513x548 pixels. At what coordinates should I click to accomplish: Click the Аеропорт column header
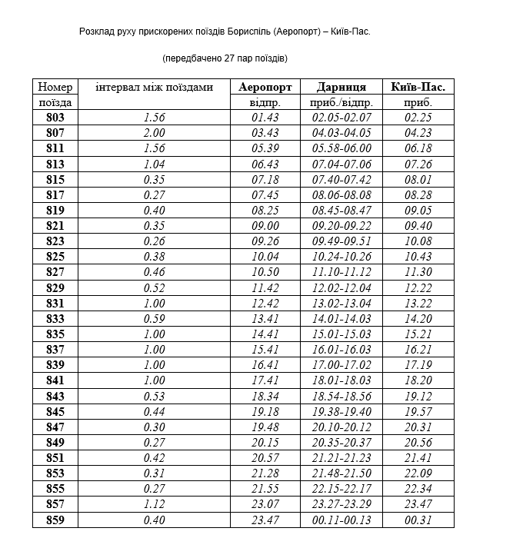(x=265, y=87)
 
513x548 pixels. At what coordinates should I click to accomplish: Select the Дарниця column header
(x=341, y=87)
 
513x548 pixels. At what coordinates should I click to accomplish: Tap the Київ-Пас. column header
(x=418, y=87)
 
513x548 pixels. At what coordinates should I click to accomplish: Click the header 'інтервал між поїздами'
(x=154, y=87)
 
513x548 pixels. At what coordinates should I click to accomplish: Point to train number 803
(x=55, y=118)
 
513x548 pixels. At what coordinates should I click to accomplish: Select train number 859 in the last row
(x=55, y=520)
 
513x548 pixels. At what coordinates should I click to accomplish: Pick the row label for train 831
(x=55, y=304)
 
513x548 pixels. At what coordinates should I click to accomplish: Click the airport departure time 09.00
(x=265, y=226)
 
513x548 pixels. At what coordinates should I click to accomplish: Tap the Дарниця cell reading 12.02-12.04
(x=341, y=288)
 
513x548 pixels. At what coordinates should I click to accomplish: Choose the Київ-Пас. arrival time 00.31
(x=418, y=520)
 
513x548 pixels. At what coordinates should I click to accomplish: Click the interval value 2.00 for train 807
(x=155, y=133)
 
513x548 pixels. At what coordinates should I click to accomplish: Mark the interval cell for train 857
(x=155, y=505)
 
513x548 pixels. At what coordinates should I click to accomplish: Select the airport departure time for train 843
(x=265, y=397)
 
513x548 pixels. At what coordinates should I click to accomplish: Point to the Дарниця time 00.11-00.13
(x=341, y=520)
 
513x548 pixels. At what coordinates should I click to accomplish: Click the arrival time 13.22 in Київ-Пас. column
(x=418, y=304)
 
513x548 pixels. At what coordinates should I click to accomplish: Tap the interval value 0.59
(x=155, y=319)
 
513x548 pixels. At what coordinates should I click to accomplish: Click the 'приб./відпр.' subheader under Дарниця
(x=341, y=102)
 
